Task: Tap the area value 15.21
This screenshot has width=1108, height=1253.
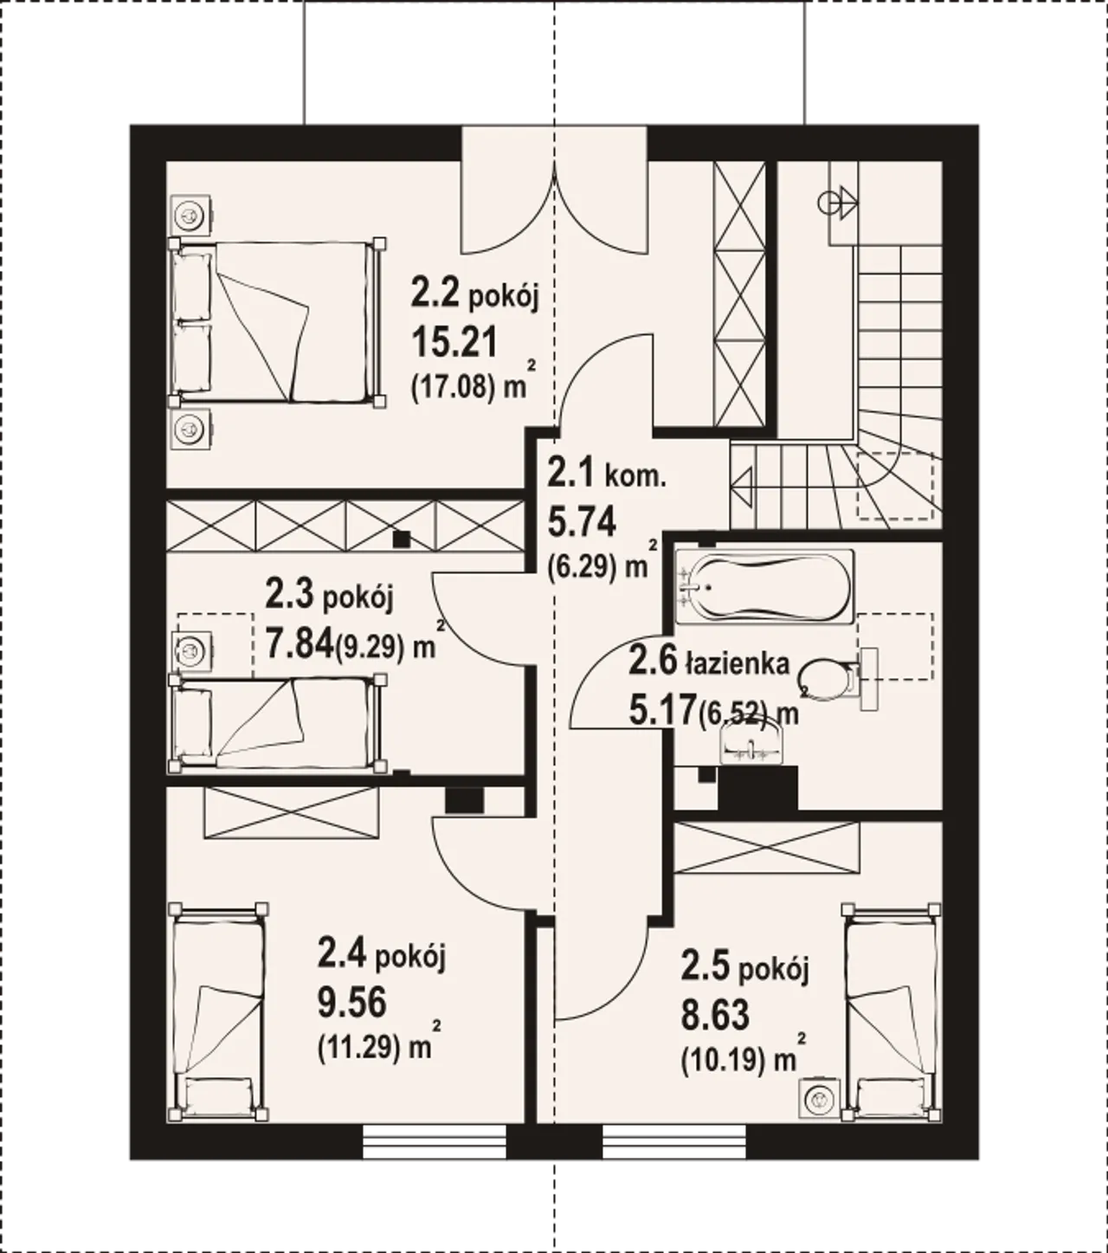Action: [454, 343]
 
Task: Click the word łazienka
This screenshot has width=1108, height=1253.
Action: [738, 663]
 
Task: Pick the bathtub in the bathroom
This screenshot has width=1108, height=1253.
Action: [765, 586]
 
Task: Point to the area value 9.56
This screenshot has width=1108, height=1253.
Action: [351, 1003]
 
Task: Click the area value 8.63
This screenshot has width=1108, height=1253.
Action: [715, 1015]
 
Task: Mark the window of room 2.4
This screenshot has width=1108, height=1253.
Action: [434, 1141]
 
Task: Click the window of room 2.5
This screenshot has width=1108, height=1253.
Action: [674, 1141]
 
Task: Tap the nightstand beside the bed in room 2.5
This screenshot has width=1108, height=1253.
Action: [820, 1099]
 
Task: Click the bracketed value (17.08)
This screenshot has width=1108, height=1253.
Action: [454, 388]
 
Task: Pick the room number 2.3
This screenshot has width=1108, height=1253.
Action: [289, 594]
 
